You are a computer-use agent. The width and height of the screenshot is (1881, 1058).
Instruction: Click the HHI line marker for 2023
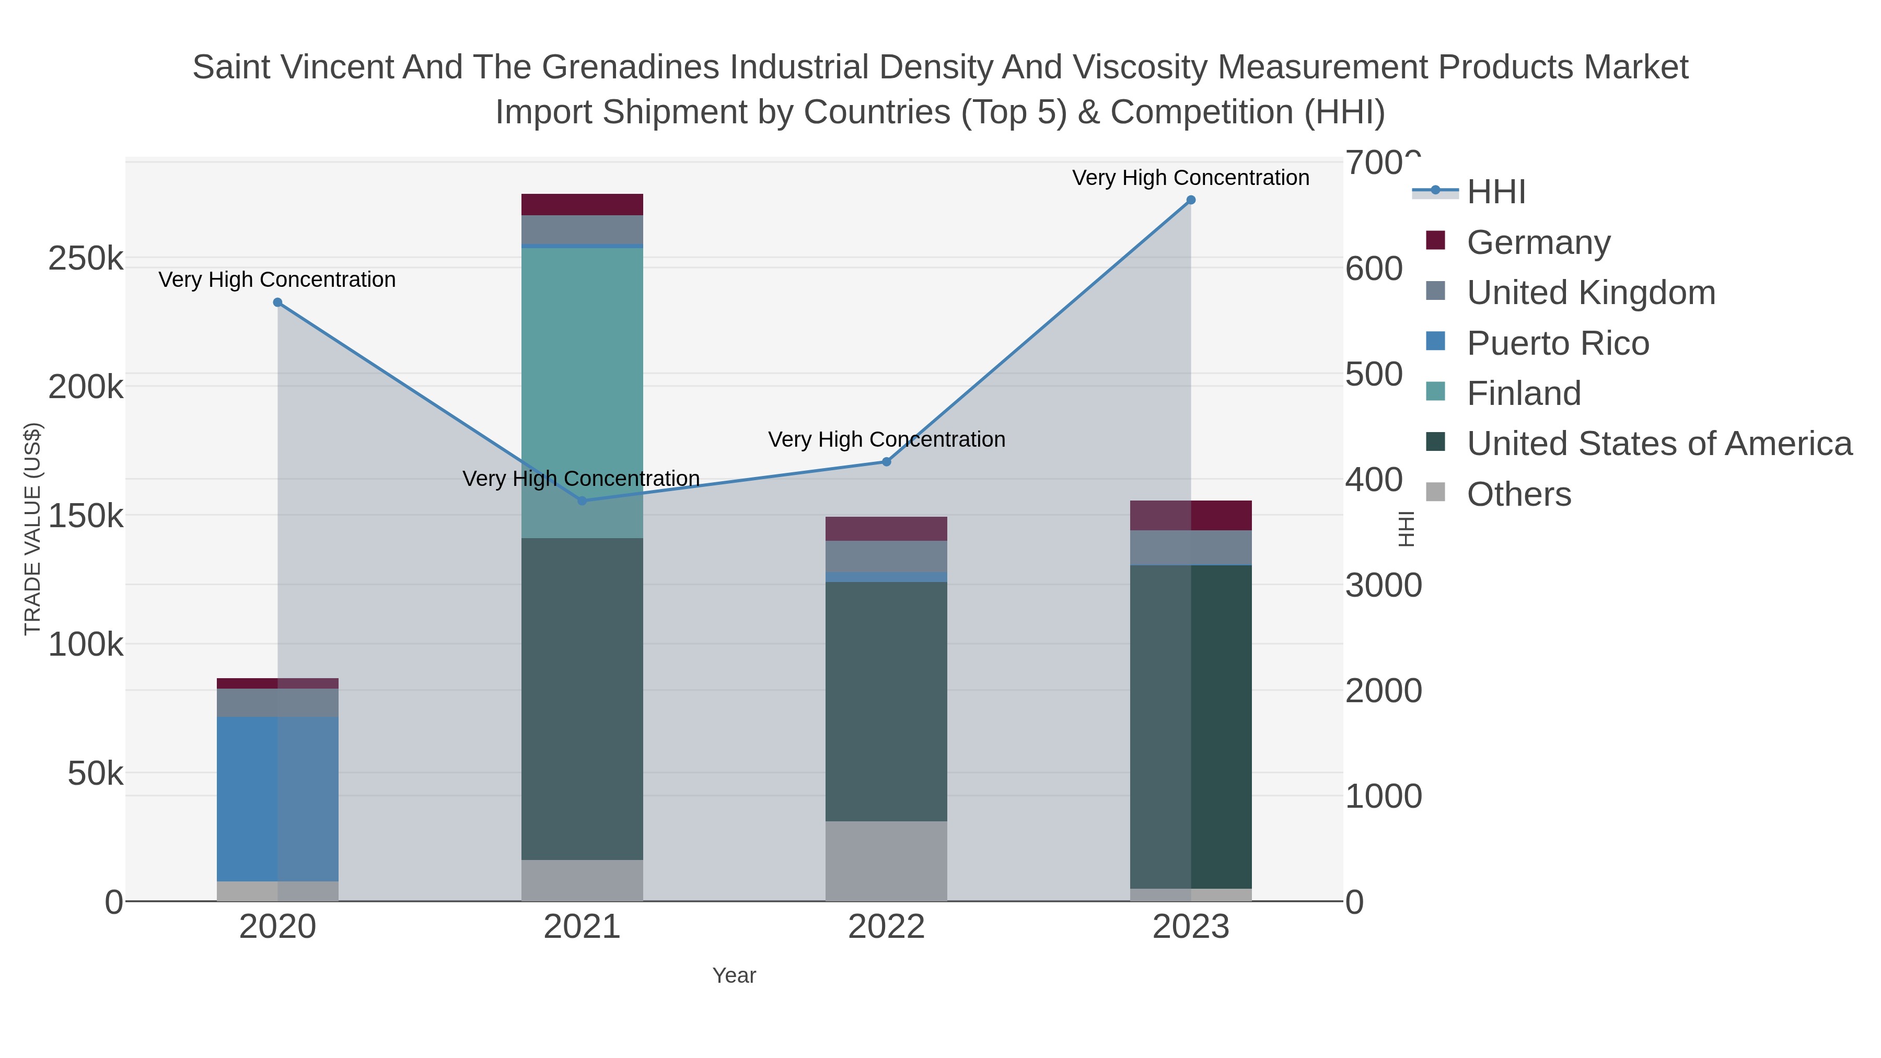pyautogui.click(x=1190, y=200)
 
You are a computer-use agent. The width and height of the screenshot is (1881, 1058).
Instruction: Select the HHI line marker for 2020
pyautogui.click(x=277, y=303)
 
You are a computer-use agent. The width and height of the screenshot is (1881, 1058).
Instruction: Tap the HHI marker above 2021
pyautogui.click(x=582, y=501)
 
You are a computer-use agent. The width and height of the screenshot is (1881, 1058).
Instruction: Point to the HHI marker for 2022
pyautogui.click(x=887, y=461)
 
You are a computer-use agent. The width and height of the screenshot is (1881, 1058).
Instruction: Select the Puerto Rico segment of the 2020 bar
pyautogui.click(x=277, y=799)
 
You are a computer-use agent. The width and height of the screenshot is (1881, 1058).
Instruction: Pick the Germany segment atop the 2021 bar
pyautogui.click(x=582, y=204)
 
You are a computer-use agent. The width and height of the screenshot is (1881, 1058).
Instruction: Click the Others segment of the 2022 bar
pyautogui.click(x=887, y=861)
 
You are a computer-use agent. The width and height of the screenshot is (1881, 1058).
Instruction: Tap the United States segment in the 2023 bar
pyautogui.click(x=1190, y=727)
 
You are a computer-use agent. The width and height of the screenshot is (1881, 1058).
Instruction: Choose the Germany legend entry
pyautogui.click(x=1538, y=242)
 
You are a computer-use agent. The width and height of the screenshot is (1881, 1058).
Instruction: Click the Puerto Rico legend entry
pyautogui.click(x=1558, y=343)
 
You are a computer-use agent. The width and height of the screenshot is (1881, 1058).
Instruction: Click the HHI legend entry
pyautogui.click(x=1495, y=192)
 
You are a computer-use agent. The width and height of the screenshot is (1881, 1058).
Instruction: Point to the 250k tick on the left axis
pyautogui.click(x=86, y=259)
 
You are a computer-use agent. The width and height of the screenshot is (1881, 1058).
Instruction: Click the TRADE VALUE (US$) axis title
pyautogui.click(x=33, y=529)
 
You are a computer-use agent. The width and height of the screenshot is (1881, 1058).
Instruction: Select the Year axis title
pyautogui.click(x=734, y=975)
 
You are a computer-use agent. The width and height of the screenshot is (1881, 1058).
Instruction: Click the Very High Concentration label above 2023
pyautogui.click(x=1190, y=178)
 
